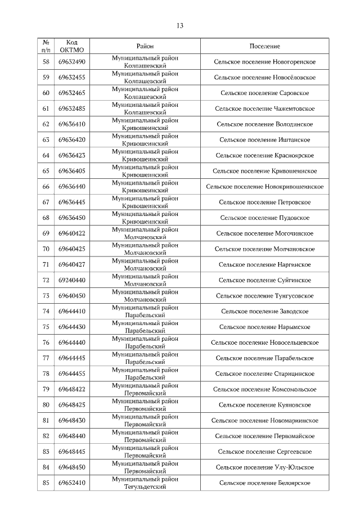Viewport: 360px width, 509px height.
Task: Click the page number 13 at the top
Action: click(x=180, y=25)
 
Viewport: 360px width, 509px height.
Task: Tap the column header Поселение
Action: click(x=264, y=46)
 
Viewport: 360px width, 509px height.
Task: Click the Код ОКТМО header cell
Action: click(x=71, y=46)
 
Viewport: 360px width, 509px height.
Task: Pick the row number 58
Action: click(x=46, y=62)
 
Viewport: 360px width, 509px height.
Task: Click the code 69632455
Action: click(x=71, y=78)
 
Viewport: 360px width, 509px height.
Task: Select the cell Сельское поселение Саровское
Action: click(x=264, y=93)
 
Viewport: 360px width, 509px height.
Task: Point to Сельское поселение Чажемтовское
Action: click(x=264, y=109)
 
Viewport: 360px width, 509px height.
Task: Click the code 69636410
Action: click(x=71, y=124)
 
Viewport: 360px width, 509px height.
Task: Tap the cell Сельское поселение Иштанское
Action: click(x=264, y=139)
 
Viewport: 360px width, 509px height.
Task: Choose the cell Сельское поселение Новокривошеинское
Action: click(x=264, y=186)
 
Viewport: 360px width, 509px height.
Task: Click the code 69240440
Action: click(x=71, y=280)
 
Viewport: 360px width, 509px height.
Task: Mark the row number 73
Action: click(x=46, y=295)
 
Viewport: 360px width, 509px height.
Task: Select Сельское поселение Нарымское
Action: click(x=264, y=327)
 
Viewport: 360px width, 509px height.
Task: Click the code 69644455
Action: click(x=71, y=373)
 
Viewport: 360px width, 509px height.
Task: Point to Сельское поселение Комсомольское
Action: click(x=264, y=389)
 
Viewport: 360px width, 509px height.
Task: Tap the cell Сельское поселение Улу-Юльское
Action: click(x=264, y=467)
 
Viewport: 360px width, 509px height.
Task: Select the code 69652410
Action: click(x=71, y=483)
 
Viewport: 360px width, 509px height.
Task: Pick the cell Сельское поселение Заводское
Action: click(x=264, y=311)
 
